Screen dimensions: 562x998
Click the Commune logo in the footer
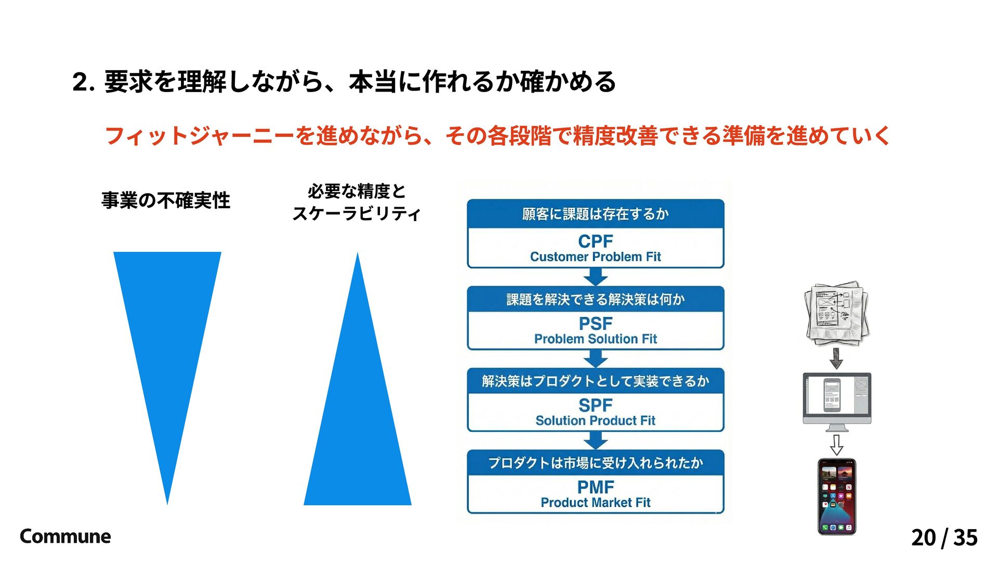65,537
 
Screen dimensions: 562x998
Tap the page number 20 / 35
944,538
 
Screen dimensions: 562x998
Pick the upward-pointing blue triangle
358,416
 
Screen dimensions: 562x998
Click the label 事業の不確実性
166,200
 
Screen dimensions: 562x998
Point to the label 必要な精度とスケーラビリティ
357,202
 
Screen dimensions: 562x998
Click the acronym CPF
596,241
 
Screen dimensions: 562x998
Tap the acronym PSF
596,324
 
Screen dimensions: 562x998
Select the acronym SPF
596,405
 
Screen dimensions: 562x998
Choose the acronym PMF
596,488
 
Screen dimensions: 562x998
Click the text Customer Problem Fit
596,257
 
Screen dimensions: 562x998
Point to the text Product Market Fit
596,503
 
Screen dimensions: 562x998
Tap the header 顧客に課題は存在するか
596,214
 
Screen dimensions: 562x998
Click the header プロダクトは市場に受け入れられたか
596,463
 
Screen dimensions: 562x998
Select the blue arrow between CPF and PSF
596,277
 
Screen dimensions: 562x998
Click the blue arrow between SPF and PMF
596,441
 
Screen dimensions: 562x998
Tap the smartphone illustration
837,496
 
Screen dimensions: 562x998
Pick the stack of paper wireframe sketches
836,313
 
